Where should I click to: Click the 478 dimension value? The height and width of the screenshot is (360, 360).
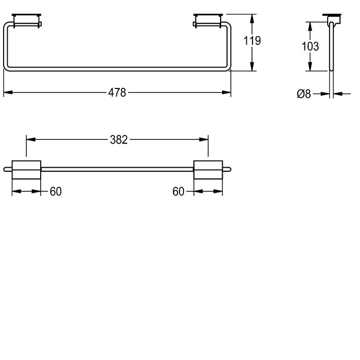(x=117, y=93)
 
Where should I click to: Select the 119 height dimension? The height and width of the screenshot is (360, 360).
(x=252, y=41)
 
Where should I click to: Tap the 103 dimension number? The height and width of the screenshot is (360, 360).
(x=310, y=46)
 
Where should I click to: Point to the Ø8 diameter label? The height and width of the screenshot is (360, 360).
(x=304, y=94)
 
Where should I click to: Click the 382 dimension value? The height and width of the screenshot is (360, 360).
(x=119, y=140)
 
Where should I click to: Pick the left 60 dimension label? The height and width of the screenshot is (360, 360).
(x=56, y=191)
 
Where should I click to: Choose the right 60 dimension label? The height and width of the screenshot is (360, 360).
(x=178, y=191)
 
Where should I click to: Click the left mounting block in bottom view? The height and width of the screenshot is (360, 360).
(x=26, y=170)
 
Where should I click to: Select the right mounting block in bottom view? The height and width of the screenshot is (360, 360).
(x=208, y=170)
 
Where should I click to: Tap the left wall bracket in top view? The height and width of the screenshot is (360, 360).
(x=27, y=21)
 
